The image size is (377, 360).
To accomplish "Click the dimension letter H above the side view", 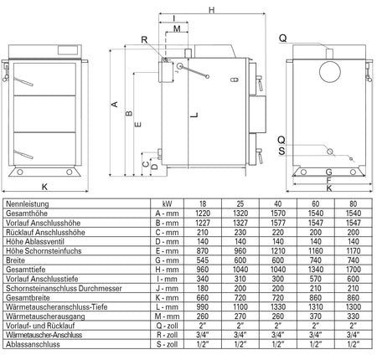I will coord(211,10).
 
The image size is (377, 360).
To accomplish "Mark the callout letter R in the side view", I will coord(144,40).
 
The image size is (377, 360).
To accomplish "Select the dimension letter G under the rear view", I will coord(328,173).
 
